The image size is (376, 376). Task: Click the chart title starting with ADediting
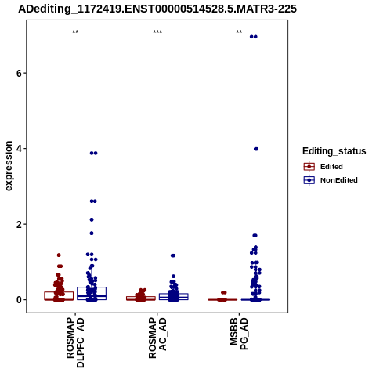[x=157, y=9]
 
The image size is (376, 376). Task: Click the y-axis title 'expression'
[x=9, y=166]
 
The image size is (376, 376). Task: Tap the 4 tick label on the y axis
[x=19, y=149]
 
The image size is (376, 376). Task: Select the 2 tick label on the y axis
[x=19, y=224]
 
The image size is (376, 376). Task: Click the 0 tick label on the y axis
[x=19, y=300]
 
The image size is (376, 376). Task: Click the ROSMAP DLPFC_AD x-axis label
[x=75, y=342]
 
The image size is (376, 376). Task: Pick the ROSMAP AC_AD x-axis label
[x=157, y=338]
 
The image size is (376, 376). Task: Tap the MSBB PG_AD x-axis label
[x=239, y=334]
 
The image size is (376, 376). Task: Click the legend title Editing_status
[x=334, y=151]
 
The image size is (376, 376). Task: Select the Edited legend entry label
[x=331, y=167]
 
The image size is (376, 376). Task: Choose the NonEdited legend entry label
[x=339, y=180]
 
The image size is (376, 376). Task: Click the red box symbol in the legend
[x=309, y=167]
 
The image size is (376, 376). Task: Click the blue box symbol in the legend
[x=309, y=180]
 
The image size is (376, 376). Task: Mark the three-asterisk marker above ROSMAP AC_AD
[x=157, y=32]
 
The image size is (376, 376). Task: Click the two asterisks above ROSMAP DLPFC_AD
[x=75, y=32]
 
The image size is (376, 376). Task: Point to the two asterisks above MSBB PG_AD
[x=239, y=32]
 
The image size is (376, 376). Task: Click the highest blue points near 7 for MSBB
[x=254, y=37]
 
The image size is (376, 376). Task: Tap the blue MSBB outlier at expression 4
[x=256, y=149]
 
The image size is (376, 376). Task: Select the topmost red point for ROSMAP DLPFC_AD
[x=59, y=255]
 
